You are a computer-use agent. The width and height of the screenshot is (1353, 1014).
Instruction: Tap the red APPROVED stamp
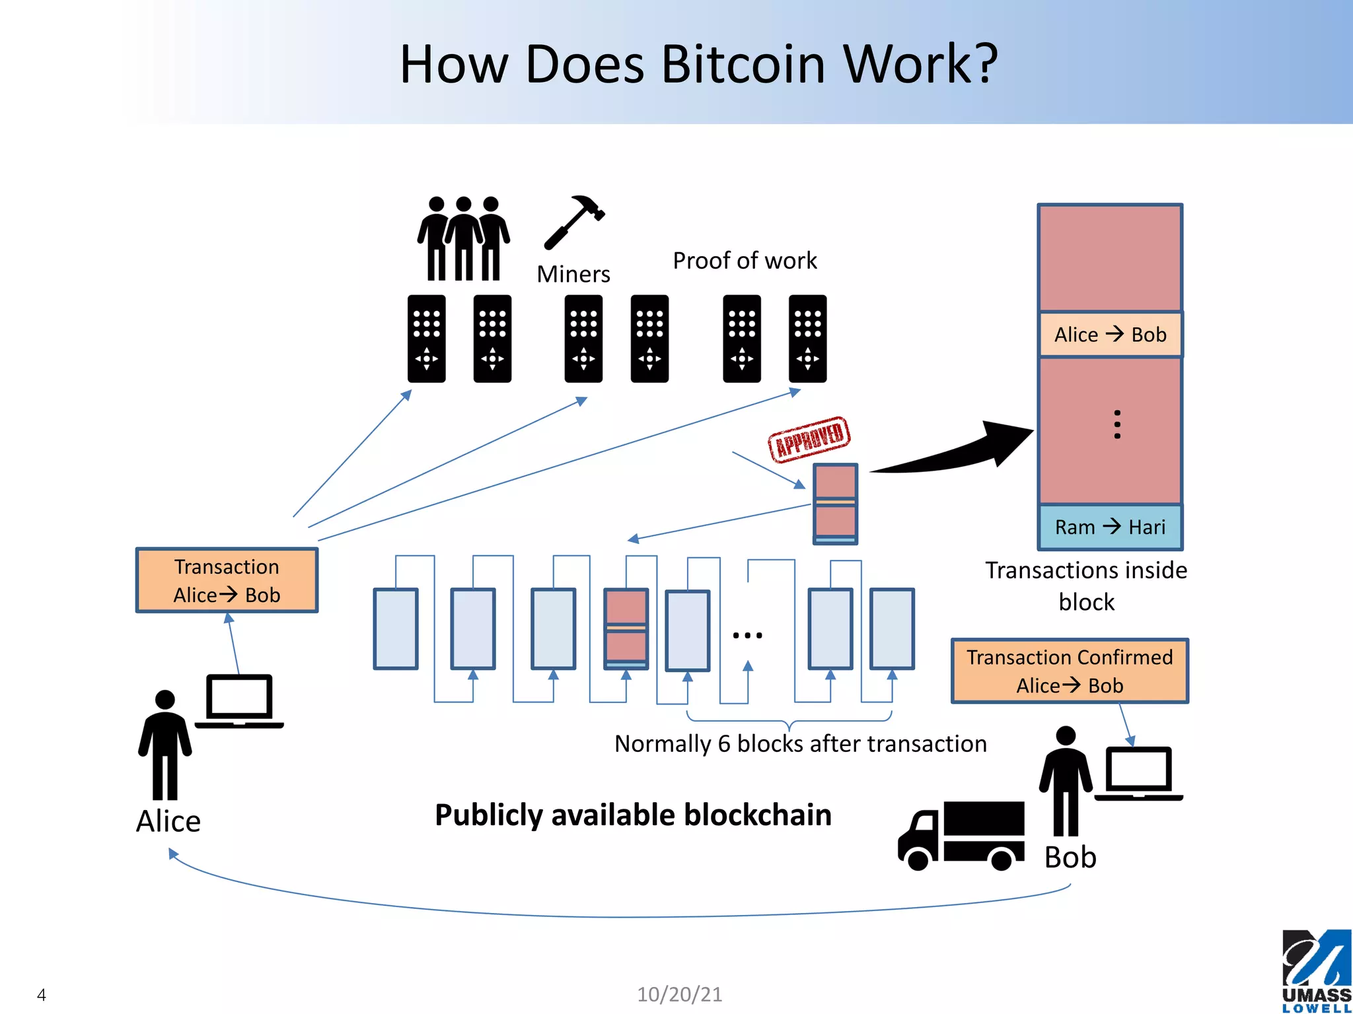pyautogui.click(x=809, y=439)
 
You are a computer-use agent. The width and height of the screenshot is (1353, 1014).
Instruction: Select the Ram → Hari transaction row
pyautogui.click(x=1110, y=527)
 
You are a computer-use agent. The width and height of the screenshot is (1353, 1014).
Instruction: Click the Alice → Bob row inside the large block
pyautogui.click(x=1110, y=335)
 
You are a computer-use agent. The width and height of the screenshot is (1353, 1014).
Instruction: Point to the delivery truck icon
pyautogui.click(x=961, y=836)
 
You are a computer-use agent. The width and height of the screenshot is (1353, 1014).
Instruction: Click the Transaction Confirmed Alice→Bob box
pyautogui.click(x=1070, y=671)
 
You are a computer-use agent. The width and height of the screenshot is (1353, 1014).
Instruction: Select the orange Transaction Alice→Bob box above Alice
pyautogui.click(x=227, y=580)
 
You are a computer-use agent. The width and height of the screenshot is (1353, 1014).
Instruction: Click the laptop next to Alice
pyautogui.click(x=239, y=702)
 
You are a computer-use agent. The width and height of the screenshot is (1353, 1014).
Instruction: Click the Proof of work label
pyautogui.click(x=745, y=261)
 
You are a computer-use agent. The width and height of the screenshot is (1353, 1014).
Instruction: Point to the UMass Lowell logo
pyautogui.click(x=1316, y=970)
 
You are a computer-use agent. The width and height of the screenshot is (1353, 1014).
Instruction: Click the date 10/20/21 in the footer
pyautogui.click(x=679, y=994)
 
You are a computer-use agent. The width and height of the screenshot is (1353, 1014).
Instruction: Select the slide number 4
pyautogui.click(x=42, y=995)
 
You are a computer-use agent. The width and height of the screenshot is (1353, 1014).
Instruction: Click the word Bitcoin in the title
pyautogui.click(x=743, y=65)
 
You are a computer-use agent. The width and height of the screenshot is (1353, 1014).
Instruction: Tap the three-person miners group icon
pyautogui.click(x=463, y=238)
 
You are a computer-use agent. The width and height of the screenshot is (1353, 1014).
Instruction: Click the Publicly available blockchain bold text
pyautogui.click(x=633, y=815)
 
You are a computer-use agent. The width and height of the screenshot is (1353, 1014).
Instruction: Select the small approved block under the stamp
pyautogui.click(x=835, y=504)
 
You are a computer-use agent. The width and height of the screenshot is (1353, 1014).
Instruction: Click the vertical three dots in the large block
pyautogui.click(x=1116, y=424)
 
